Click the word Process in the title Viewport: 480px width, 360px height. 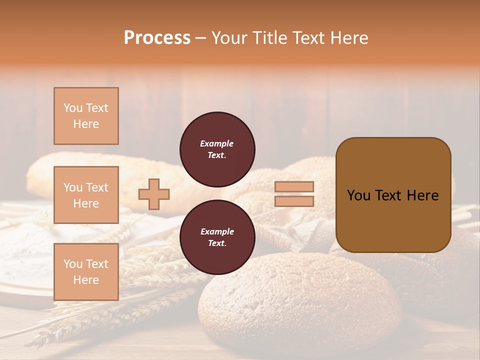point(157,38)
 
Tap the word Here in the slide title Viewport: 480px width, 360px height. point(348,38)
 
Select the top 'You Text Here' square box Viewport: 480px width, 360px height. point(86,116)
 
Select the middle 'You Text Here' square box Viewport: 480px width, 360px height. point(86,195)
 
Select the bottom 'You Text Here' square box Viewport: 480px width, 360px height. point(86,271)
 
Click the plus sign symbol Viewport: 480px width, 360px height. point(154,194)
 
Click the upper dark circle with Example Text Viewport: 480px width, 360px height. point(217,149)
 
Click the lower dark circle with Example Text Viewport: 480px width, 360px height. point(217,237)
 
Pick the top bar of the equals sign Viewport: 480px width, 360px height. point(294,187)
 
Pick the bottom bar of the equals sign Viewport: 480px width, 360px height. point(294,201)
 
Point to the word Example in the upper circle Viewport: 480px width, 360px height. point(217,143)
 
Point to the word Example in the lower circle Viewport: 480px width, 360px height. point(217,231)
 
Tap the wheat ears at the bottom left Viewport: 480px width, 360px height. point(100,310)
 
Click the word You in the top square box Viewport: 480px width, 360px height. point(72,108)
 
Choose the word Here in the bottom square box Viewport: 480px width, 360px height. point(86,280)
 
